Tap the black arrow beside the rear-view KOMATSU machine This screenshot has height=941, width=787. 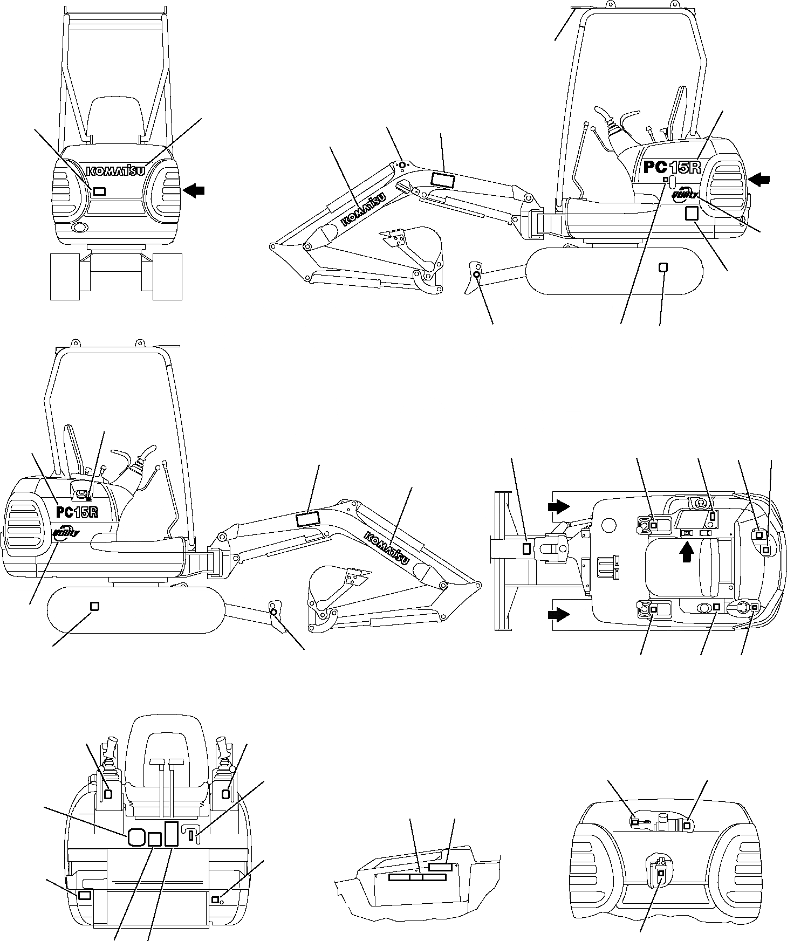tap(194, 189)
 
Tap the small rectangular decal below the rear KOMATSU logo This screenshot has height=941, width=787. tap(99, 191)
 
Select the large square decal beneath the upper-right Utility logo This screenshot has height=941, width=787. tap(691, 214)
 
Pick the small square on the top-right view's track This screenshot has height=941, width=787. tap(663, 267)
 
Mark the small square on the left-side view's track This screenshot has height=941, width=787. tap(94, 606)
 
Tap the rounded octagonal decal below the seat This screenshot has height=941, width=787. tap(135, 836)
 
